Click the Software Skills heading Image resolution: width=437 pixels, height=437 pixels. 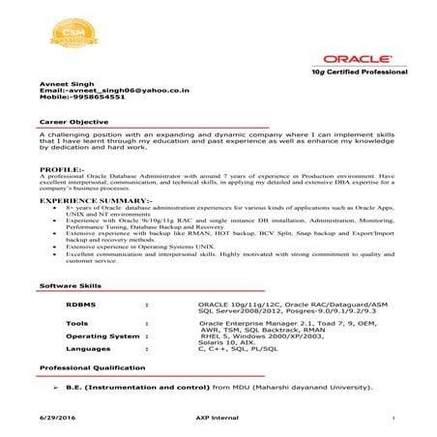[69, 287]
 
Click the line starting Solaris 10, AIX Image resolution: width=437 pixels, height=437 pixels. [227, 342]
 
